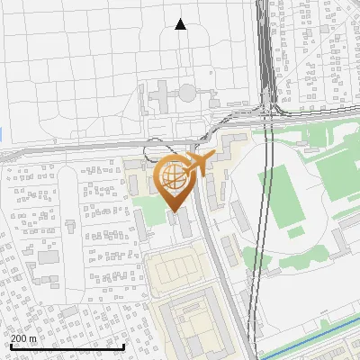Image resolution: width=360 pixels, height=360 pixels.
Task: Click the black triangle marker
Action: pyautogui.click(x=180, y=24)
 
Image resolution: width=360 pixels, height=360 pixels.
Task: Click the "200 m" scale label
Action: pyautogui.click(x=23, y=338)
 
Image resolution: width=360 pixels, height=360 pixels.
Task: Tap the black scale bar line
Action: pyautogui.click(x=67, y=346)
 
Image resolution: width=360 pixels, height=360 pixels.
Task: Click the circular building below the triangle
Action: pyautogui.click(x=186, y=92)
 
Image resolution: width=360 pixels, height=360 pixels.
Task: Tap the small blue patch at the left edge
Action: pyautogui.click(x=1, y=134)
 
